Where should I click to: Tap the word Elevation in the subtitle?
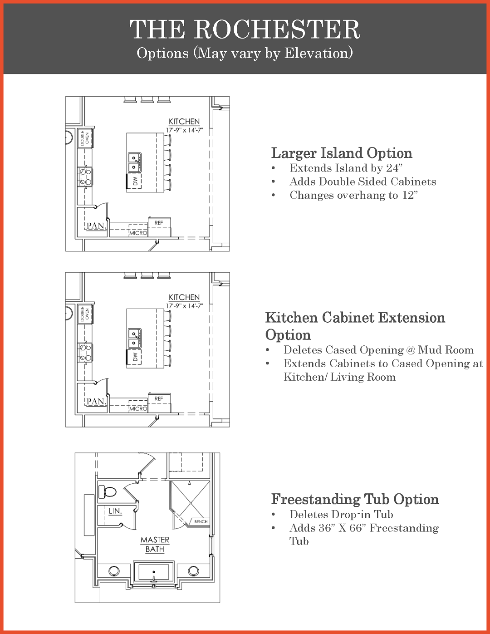click(318, 53)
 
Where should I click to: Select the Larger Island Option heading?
click(342, 152)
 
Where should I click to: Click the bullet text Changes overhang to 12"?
click(353, 195)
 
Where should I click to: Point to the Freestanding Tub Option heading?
click(355, 499)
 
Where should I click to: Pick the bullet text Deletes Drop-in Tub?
click(341, 514)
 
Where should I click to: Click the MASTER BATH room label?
click(155, 545)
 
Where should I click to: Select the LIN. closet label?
click(115, 511)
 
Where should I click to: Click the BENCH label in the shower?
click(201, 521)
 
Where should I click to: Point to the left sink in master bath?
click(114, 571)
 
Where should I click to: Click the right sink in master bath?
click(193, 571)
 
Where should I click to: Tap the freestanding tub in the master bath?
click(154, 572)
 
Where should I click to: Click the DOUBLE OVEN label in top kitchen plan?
click(85, 138)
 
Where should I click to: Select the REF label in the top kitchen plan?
click(159, 223)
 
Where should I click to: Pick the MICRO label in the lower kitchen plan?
click(138, 409)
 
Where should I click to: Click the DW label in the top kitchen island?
click(135, 182)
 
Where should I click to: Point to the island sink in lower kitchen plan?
click(134, 338)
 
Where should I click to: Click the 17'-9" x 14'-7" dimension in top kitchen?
click(185, 130)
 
